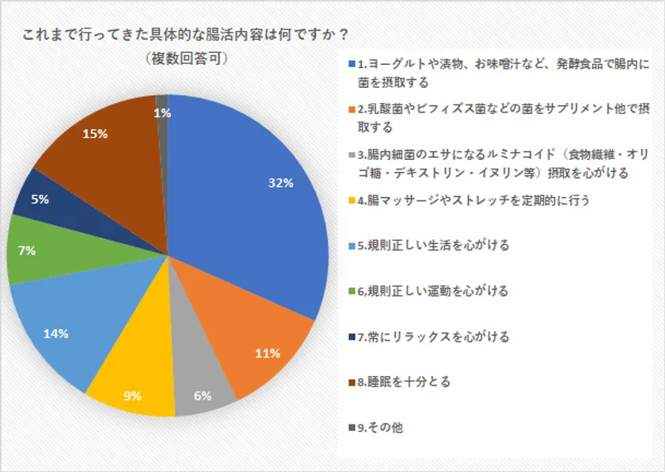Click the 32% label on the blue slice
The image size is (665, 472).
click(281, 183)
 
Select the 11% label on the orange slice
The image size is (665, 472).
click(268, 354)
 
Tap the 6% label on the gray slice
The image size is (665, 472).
click(202, 396)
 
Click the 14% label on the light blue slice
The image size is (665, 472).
click(55, 333)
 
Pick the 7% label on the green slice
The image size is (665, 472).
click(27, 250)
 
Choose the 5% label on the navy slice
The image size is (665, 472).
click(40, 200)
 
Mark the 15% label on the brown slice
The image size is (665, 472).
click(95, 134)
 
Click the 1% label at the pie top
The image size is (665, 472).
click(161, 113)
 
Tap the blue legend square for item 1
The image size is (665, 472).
click(351, 63)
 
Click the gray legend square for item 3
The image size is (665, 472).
click(351, 156)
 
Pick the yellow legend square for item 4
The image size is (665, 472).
click(351, 201)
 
